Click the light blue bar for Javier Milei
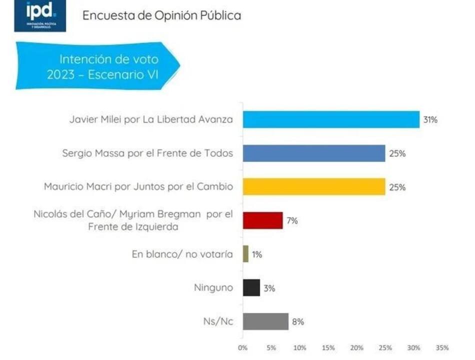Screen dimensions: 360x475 [x=331, y=119]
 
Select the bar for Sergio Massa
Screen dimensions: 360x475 [x=314, y=153]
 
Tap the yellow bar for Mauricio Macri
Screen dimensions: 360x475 [x=314, y=187]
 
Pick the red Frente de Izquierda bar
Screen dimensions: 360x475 [x=262, y=220]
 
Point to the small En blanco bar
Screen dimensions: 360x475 [x=245, y=254]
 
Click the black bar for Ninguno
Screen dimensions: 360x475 [x=251, y=287]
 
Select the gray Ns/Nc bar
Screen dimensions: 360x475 [x=265, y=321]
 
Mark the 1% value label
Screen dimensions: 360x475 [x=256, y=254]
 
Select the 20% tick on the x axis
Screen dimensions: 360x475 [x=356, y=347]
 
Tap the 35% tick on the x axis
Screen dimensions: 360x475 [x=442, y=347]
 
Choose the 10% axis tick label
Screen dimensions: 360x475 [x=299, y=347]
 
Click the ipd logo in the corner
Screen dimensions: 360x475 [x=40, y=16]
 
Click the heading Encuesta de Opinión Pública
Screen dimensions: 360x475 [x=161, y=15]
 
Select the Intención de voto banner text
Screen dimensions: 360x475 [x=109, y=67]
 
